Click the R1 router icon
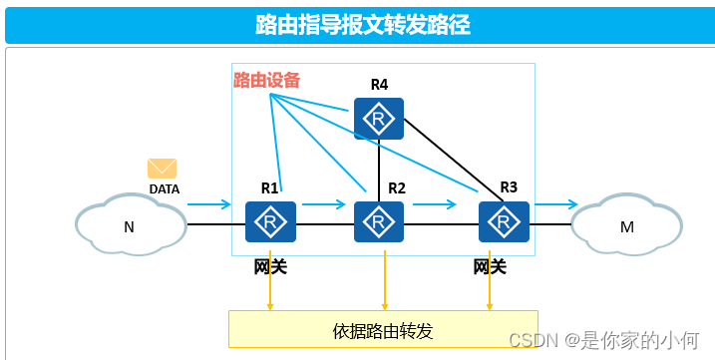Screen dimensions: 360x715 tap(270, 221)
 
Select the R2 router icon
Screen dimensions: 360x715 tap(379, 221)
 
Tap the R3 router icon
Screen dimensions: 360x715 tap(503, 221)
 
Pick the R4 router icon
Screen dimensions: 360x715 tap(379, 119)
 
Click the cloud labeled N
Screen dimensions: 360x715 tap(130, 226)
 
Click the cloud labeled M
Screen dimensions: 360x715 tap(626, 226)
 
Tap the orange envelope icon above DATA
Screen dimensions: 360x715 tap(162, 169)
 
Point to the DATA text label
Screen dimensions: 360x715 tap(165, 188)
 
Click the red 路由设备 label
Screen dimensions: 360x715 tap(266, 80)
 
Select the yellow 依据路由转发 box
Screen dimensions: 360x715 tap(383, 330)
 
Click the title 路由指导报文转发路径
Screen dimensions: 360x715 tap(363, 25)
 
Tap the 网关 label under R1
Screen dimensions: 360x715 tap(270, 266)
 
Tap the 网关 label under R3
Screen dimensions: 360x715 tap(490, 266)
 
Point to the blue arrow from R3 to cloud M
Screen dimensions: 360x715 tap(555, 204)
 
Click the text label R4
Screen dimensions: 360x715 tap(379, 85)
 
